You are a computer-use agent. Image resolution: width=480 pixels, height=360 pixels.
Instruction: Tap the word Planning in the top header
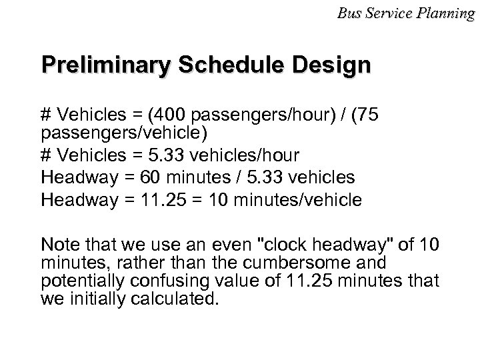coord(451,12)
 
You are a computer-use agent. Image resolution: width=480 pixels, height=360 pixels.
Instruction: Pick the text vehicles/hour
coord(255,155)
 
